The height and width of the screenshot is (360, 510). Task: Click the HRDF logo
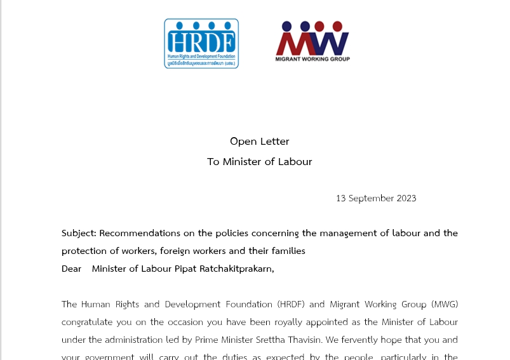click(201, 43)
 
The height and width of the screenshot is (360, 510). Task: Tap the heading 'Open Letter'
click(259, 141)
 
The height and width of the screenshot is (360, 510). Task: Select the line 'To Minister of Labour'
click(259, 161)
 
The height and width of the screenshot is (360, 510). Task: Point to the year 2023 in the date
click(406, 198)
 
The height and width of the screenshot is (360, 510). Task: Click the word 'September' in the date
click(370, 198)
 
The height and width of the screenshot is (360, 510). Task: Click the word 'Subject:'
click(79, 233)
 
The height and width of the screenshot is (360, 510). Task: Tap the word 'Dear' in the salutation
click(71, 269)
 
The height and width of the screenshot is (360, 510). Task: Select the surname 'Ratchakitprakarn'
click(236, 269)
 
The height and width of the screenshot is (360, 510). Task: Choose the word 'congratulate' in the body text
click(90, 322)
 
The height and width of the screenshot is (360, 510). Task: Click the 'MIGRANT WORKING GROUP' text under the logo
click(312, 59)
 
